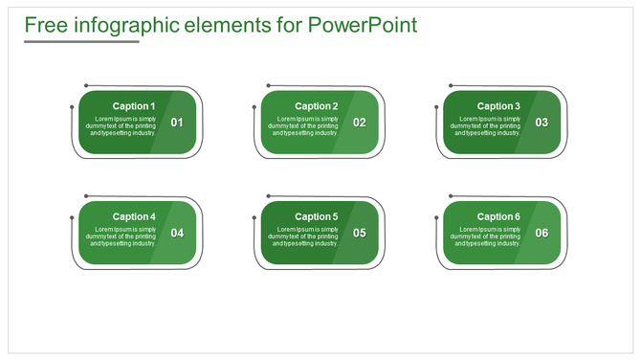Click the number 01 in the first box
pyautogui.click(x=177, y=123)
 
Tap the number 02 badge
pyautogui.click(x=360, y=123)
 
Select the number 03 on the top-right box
pyautogui.click(x=542, y=123)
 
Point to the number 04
pyautogui.click(x=177, y=233)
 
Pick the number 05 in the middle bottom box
pyautogui.click(x=360, y=233)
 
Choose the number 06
pyautogui.click(x=542, y=233)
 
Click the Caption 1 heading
pyautogui.click(x=133, y=106)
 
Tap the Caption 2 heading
pyautogui.click(x=316, y=106)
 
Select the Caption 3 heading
pyautogui.click(x=498, y=106)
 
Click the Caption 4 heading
pyautogui.click(x=133, y=216)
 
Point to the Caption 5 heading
pyautogui.click(x=316, y=216)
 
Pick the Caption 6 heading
pyautogui.click(x=498, y=216)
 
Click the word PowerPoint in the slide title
pyautogui.click(x=363, y=24)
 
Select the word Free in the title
pyautogui.click(x=46, y=24)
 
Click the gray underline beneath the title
pyautogui.click(x=81, y=41)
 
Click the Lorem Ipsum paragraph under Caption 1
pyautogui.click(x=122, y=125)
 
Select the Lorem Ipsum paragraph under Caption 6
pyautogui.click(x=487, y=236)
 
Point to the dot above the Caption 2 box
pyautogui.click(x=268, y=85)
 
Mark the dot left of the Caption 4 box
pyautogui.click(x=72, y=217)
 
